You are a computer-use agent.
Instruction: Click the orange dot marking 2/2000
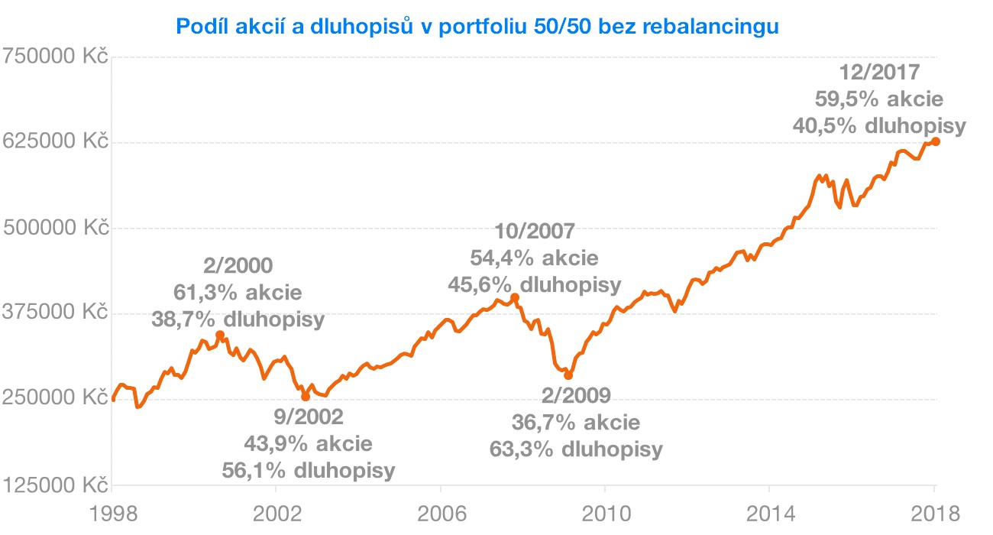(220, 335)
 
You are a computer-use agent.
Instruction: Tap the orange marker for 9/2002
(306, 396)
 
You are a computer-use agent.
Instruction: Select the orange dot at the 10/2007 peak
(515, 297)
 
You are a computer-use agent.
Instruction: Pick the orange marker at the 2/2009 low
(568, 375)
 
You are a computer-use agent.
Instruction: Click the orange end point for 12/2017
(936, 141)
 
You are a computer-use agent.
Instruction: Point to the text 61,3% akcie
(238, 293)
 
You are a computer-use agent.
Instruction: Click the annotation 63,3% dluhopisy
(576, 449)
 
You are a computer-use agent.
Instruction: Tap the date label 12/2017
(879, 73)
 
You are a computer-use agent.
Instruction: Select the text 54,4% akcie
(534, 258)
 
